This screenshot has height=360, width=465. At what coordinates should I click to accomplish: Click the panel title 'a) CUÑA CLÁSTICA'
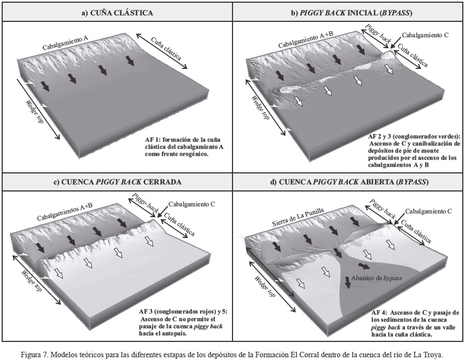pos(117,11)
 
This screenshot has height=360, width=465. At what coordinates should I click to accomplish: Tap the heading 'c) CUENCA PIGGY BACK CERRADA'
pos(117,182)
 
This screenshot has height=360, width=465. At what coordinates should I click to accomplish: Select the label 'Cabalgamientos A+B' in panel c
pos(64,214)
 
